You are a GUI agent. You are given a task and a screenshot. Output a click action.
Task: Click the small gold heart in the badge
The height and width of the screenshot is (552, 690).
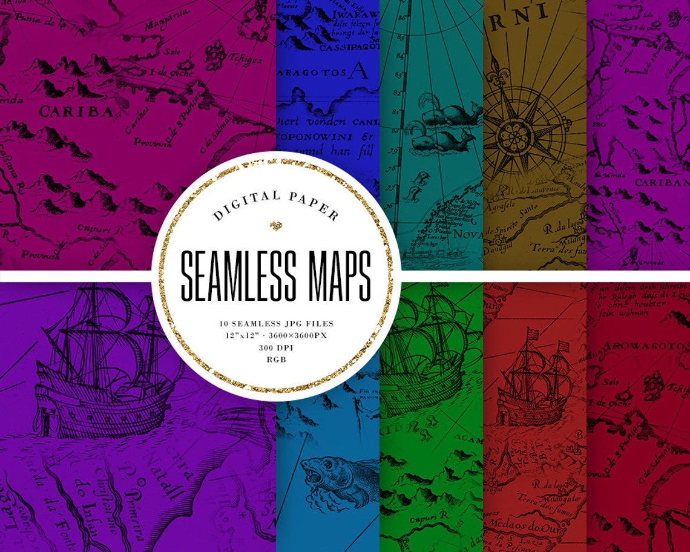coord(276,226)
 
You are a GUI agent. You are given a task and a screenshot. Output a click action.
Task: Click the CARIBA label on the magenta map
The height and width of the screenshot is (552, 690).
coord(76,112)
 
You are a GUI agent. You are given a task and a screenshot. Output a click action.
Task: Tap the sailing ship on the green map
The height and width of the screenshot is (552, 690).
coord(424,351)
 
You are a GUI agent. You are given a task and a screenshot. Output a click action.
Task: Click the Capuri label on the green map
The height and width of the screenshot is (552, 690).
coord(412,519)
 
